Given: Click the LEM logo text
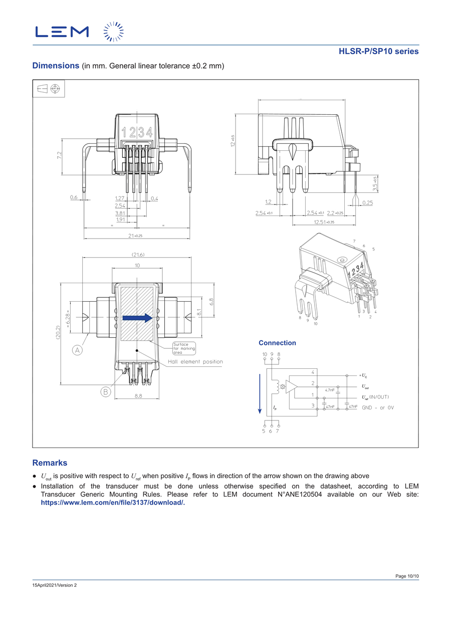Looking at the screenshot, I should point(62,32).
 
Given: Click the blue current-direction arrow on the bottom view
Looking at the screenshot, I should point(137,318).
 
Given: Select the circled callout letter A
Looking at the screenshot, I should point(78,350).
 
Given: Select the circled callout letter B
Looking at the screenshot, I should point(106,392).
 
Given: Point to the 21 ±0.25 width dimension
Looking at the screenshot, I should point(136,235).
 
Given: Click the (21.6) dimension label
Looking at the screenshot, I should point(138,255).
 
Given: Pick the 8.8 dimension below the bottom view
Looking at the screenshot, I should point(138,395).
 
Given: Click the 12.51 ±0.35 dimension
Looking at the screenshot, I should point(324,222).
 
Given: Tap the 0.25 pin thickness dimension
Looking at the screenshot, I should point(367,202).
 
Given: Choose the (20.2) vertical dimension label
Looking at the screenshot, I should point(58,334).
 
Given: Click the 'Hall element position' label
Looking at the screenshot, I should point(195,362).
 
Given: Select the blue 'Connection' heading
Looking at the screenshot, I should point(277,343).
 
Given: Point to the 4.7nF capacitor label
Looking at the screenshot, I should point(330,389).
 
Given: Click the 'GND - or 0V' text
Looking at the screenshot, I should point(378,407).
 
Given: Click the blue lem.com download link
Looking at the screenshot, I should point(113,503).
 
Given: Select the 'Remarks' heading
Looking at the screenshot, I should point(50,463).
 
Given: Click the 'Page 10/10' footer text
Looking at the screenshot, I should point(407,576).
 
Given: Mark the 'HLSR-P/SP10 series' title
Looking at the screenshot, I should point(378,51).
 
